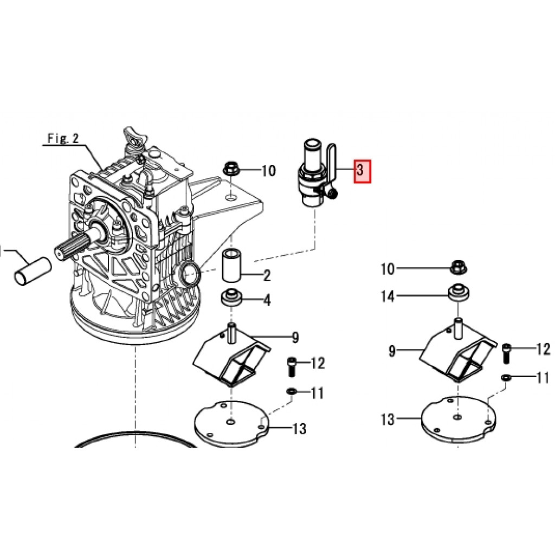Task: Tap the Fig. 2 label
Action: (x=63, y=138)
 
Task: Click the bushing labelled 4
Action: (x=231, y=299)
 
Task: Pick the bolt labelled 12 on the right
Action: (x=506, y=353)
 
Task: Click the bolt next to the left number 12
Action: (x=291, y=367)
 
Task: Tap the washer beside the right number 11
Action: (x=507, y=378)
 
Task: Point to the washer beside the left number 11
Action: (x=292, y=392)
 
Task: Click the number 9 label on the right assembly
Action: (x=392, y=351)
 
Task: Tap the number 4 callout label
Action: (x=267, y=300)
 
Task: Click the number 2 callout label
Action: (x=267, y=275)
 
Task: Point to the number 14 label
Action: (x=388, y=296)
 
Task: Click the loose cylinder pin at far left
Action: (x=33, y=271)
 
